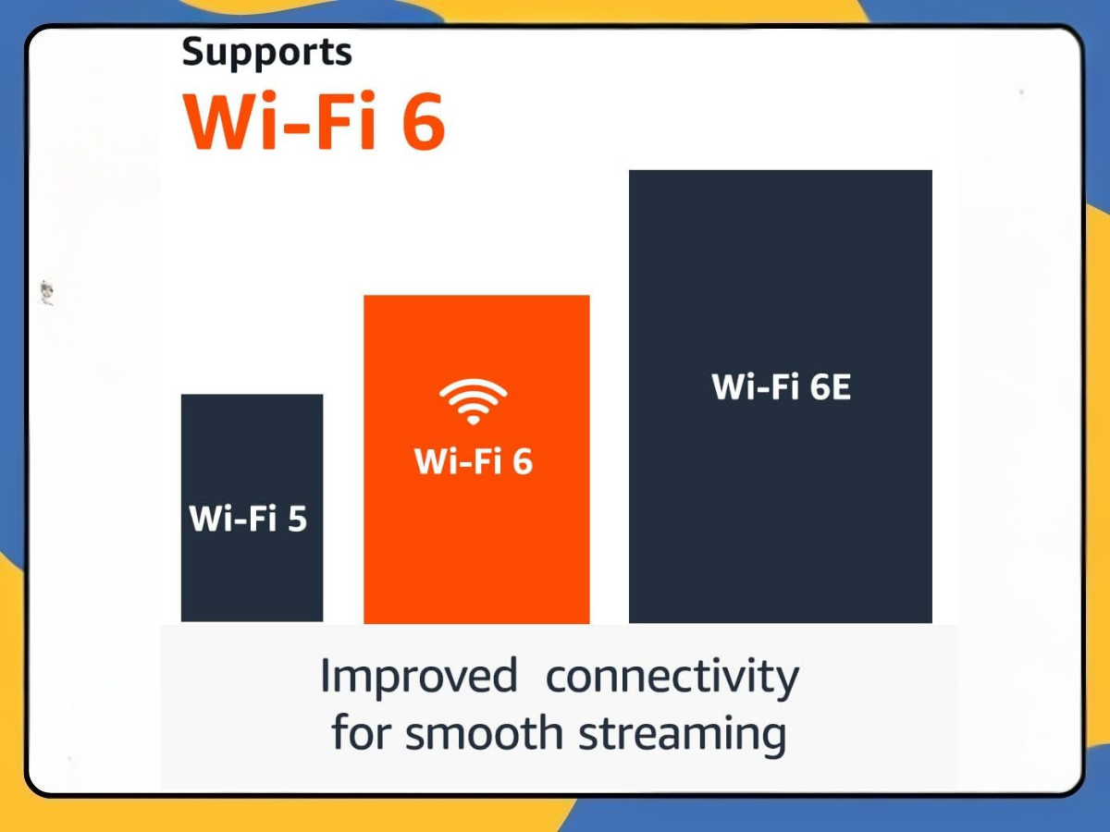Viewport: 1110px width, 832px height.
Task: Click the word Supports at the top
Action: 266,53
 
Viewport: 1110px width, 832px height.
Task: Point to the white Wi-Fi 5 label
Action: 248,519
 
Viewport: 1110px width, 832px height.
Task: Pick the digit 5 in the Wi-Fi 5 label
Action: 296,519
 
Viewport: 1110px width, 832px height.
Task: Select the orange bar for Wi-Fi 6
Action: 476,545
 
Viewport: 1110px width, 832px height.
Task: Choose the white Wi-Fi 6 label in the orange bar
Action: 473,461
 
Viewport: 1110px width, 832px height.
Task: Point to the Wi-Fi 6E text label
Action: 781,387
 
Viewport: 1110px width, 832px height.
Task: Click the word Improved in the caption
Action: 418,677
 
